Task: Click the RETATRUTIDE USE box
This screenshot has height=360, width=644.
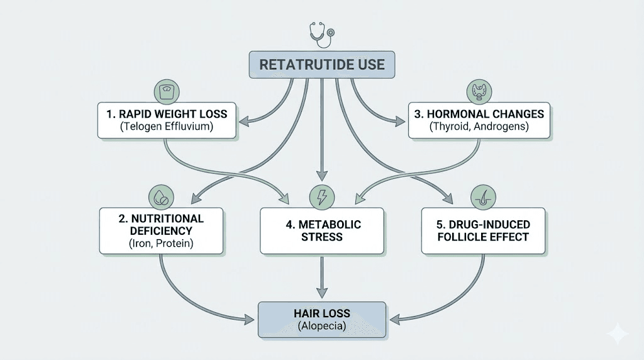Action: tap(321, 64)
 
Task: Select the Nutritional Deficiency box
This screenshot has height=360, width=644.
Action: tap(161, 231)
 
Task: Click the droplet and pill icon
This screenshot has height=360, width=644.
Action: tap(161, 196)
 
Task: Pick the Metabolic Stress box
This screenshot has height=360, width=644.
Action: tap(321, 231)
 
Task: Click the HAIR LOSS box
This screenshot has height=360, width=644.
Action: tap(321, 320)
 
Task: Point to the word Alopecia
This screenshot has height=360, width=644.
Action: tap(321, 327)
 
